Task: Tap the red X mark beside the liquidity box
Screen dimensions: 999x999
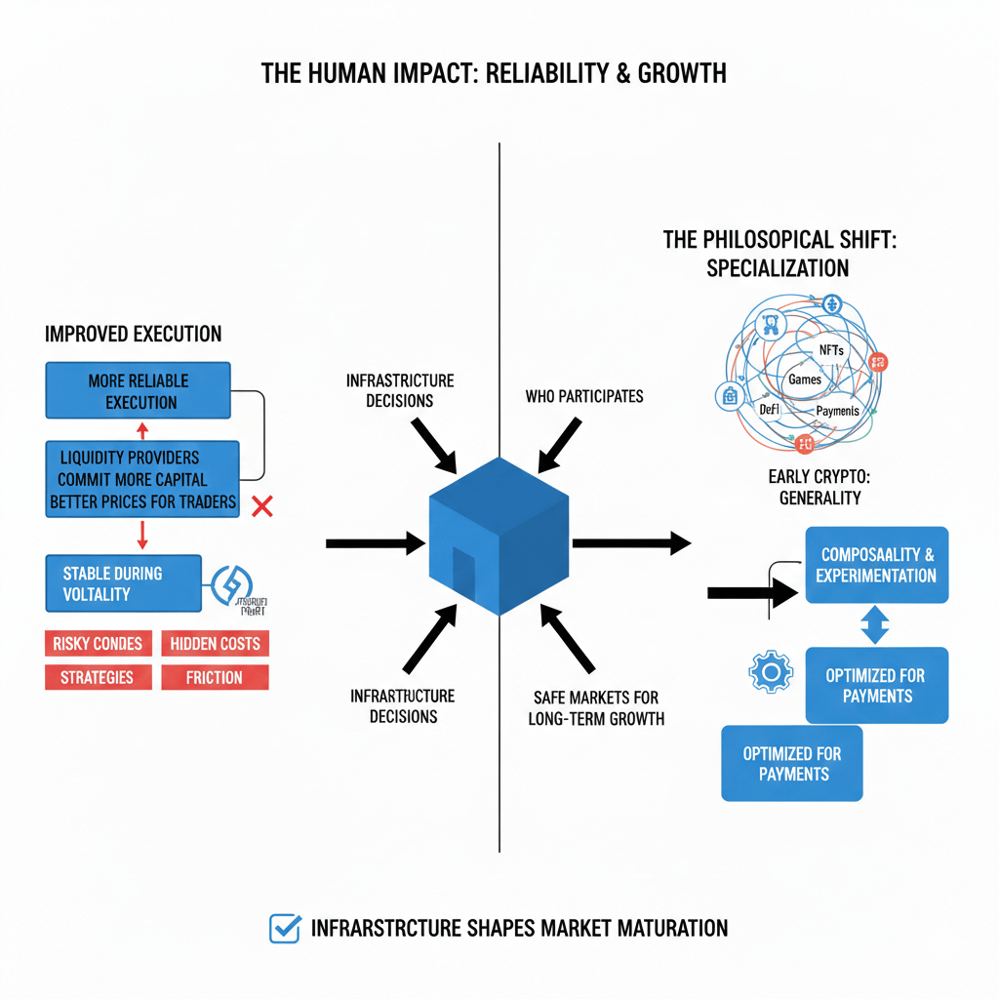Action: point(261,505)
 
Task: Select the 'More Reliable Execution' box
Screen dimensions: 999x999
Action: point(138,391)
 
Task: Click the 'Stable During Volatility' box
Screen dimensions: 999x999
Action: point(123,583)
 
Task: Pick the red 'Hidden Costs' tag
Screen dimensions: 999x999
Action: point(215,643)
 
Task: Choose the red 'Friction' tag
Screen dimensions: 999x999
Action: point(214,677)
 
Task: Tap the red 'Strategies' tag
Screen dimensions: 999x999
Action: point(98,677)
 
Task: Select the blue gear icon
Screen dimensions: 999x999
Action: point(768,672)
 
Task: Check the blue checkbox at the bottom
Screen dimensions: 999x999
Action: point(284,928)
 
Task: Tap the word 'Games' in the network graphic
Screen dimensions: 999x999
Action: point(805,379)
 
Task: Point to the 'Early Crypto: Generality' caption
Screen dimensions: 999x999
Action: point(819,487)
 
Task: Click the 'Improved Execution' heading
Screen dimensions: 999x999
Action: point(133,335)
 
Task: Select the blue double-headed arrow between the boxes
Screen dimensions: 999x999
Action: point(874,624)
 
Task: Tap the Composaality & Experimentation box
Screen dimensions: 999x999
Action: point(876,565)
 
